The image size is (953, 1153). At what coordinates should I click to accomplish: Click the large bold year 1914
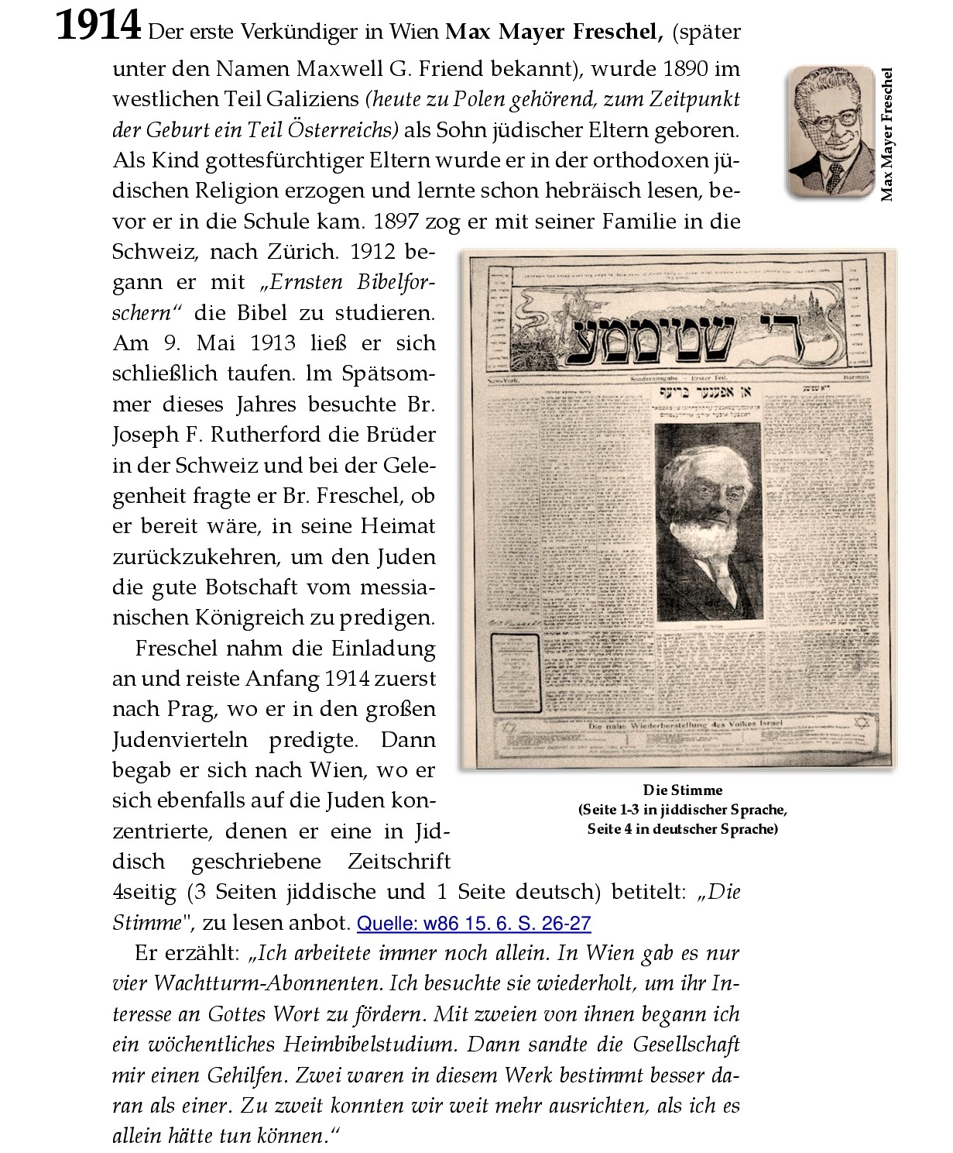pyautogui.click(x=98, y=28)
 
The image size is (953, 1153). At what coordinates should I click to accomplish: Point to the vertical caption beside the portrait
pyautogui.click(x=887, y=134)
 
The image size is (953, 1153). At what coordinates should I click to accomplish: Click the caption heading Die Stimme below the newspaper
pyautogui.click(x=682, y=790)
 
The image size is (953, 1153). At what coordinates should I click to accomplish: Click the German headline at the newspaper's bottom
pyautogui.click(x=686, y=725)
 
